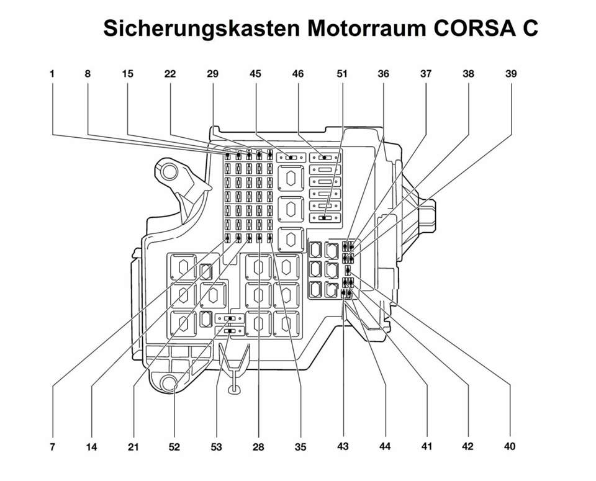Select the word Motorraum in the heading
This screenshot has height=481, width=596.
363,29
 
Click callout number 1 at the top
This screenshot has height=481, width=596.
53,73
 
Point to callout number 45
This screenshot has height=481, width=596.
255,73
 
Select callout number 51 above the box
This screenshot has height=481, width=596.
341,73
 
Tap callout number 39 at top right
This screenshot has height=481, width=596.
510,73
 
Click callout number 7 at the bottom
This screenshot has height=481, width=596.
53,446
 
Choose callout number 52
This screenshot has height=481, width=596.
175,446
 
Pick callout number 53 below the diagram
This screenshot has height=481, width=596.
217,446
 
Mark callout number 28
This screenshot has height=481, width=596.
259,446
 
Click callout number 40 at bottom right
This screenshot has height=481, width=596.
510,446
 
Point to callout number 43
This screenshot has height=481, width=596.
343,446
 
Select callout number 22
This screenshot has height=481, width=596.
170,73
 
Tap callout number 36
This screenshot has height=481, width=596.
384,73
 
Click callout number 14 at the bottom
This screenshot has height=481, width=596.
92,446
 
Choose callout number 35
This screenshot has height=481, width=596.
300,446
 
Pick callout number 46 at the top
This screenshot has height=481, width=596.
298,73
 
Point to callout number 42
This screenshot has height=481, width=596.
467,446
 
